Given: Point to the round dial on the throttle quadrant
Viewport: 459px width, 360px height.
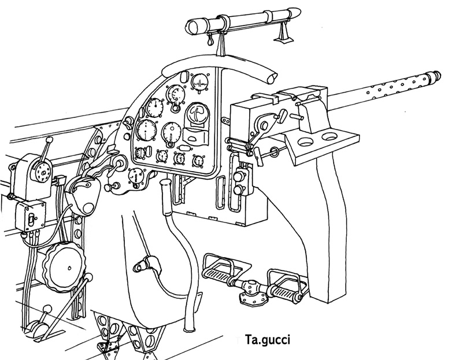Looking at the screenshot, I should pos(41,170).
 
